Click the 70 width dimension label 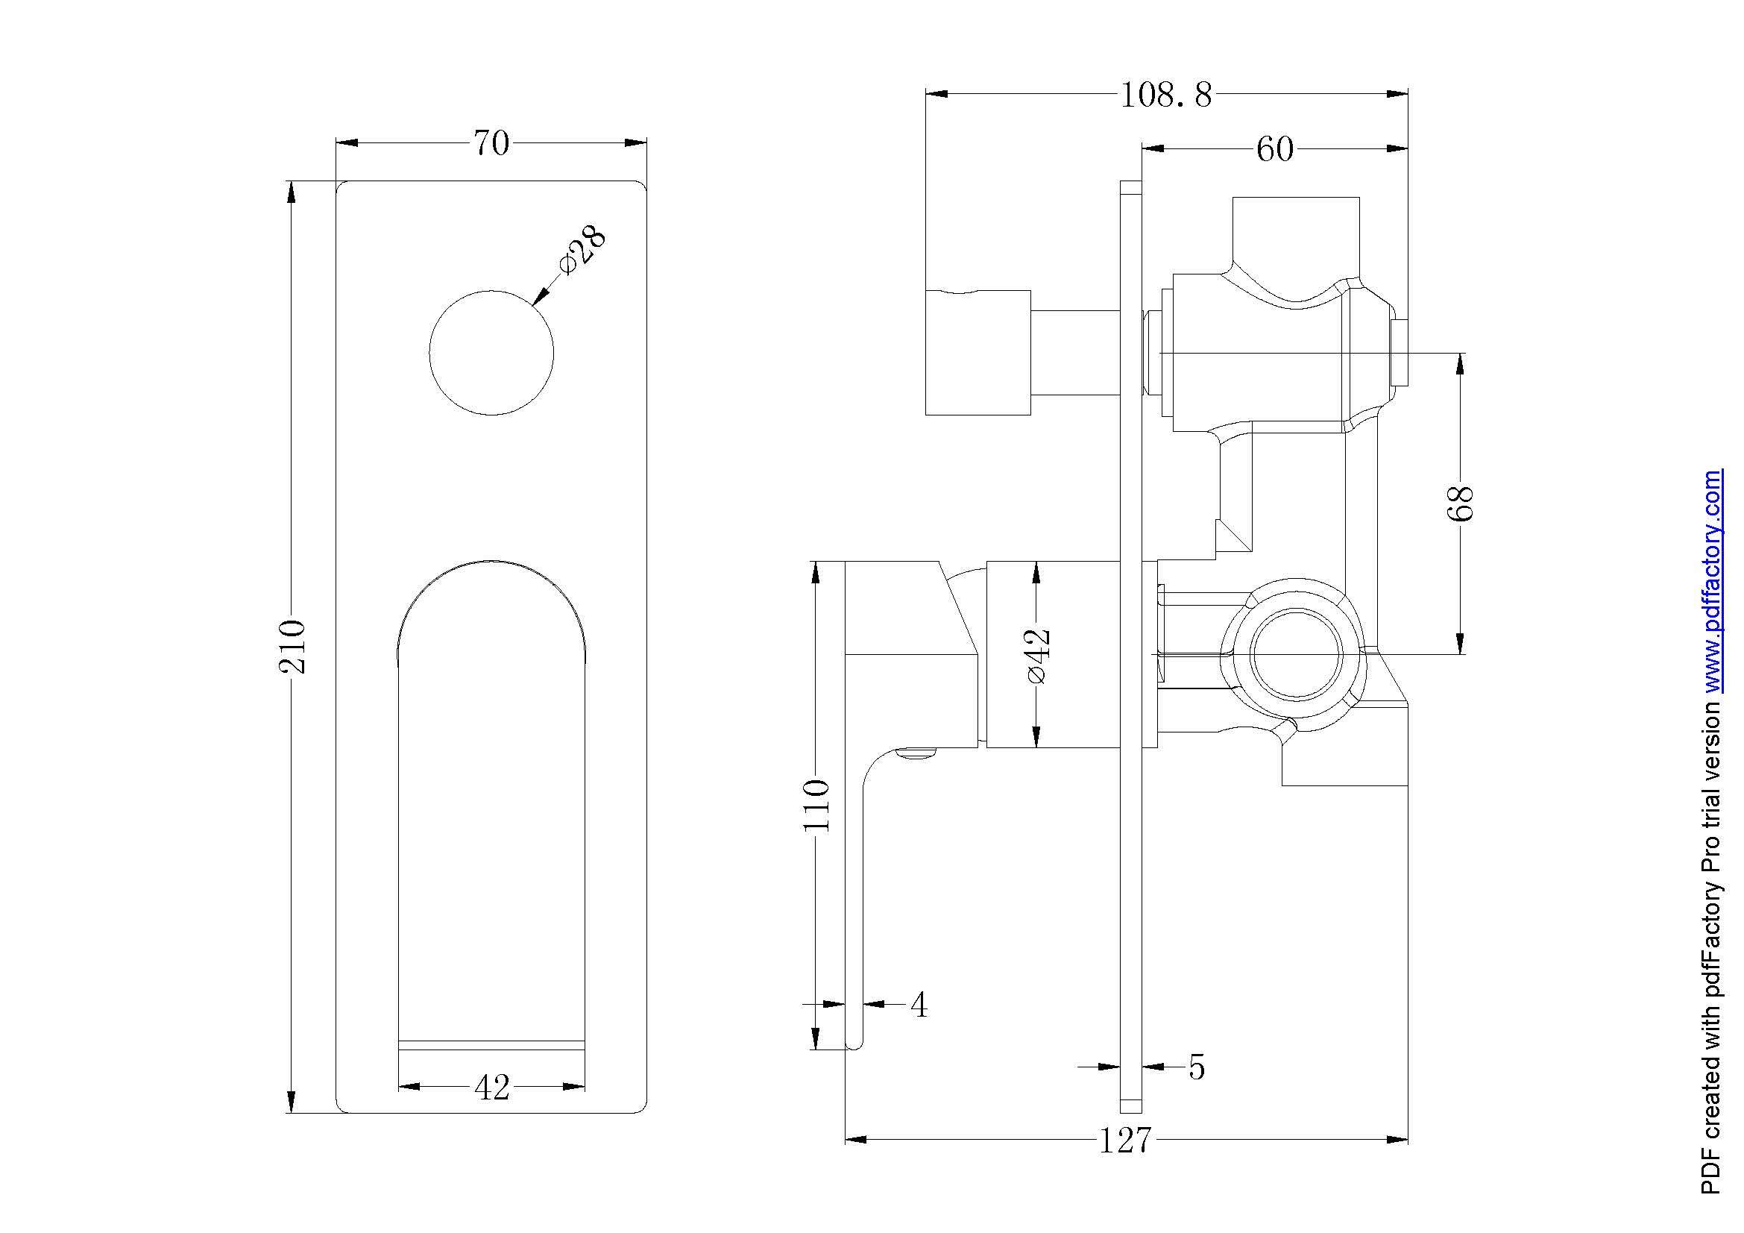[x=491, y=142]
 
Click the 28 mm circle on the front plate [x=491, y=353]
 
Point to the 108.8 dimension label [x=1166, y=95]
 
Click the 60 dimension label [x=1274, y=150]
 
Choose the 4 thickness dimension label [x=919, y=1005]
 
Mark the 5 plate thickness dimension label [x=1196, y=1067]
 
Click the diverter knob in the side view [x=978, y=353]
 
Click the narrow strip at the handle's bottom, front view [x=491, y=1044]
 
